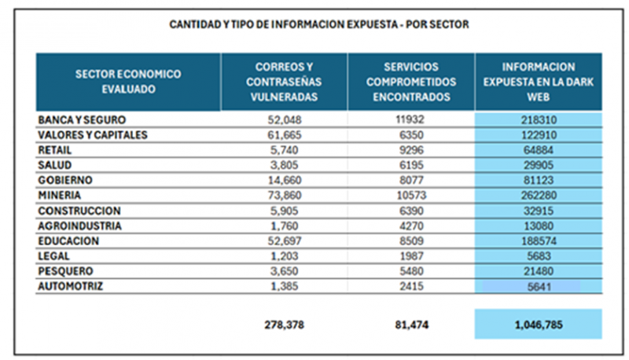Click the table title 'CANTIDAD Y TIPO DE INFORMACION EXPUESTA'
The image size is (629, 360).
click(319, 24)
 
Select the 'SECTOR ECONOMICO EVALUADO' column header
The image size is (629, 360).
click(128, 82)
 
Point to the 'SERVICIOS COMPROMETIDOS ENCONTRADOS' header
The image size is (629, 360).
click(412, 82)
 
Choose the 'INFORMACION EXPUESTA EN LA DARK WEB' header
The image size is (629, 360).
click(539, 82)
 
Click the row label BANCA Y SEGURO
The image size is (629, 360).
click(82, 119)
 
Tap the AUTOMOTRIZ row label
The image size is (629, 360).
click(72, 286)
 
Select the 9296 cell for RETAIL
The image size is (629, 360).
click(412, 150)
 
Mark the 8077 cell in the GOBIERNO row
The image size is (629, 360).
click(412, 180)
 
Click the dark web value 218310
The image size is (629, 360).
click(539, 119)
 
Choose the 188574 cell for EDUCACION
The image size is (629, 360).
click(539, 241)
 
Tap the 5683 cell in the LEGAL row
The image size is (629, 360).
click(539, 256)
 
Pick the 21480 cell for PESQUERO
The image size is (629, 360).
click(539, 271)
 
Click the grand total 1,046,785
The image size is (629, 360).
click(539, 324)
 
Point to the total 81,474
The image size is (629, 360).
click(412, 324)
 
